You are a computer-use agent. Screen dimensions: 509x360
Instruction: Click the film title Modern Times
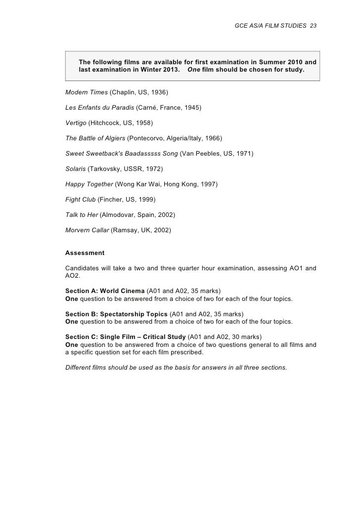(86, 92)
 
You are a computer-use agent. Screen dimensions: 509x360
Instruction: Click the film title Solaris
(75, 169)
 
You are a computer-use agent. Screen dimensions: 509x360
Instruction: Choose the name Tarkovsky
(106, 169)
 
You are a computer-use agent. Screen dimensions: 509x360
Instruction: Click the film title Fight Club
(80, 199)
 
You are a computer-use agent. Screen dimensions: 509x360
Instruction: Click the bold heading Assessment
(85, 253)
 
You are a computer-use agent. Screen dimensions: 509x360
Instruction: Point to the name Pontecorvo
(147, 138)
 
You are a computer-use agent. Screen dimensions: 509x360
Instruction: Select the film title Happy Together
(89, 184)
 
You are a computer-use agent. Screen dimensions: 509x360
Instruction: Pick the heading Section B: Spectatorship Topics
(116, 314)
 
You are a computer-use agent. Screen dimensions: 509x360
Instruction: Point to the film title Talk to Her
(81, 214)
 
